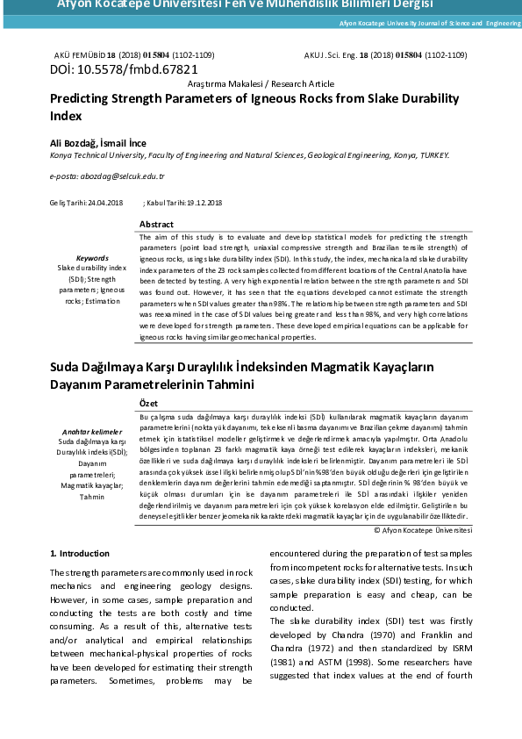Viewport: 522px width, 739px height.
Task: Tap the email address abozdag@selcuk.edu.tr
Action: pyautogui.click(x=120, y=176)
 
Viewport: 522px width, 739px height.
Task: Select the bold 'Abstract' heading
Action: pyautogui.click(x=157, y=225)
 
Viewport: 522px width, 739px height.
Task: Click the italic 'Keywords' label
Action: pyautogui.click(x=92, y=258)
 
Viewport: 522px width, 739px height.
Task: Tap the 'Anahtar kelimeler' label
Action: pyautogui.click(x=92, y=432)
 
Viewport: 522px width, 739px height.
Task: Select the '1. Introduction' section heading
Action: pyautogui.click(x=80, y=553)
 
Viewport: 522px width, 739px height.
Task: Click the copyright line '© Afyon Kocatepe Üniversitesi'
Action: pyautogui.click(x=423, y=531)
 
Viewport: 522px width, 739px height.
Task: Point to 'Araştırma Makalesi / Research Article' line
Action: pyautogui.click(x=261, y=83)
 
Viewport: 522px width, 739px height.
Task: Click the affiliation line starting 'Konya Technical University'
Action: pyautogui.click(x=249, y=155)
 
